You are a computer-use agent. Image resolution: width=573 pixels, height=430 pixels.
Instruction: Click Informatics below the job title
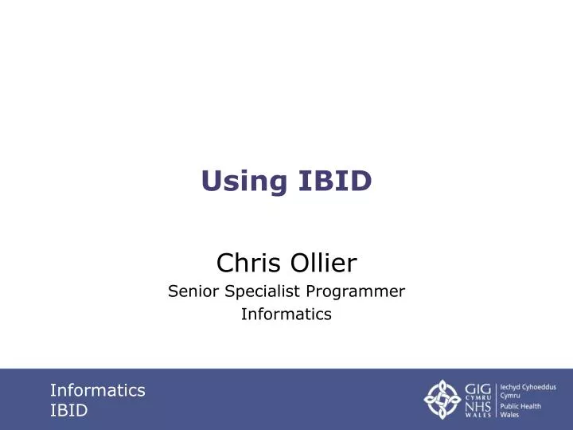click(x=286, y=315)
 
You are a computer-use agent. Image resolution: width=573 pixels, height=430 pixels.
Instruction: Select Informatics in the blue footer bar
click(x=97, y=390)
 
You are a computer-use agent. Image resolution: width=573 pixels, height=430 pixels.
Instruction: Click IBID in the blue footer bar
click(x=68, y=411)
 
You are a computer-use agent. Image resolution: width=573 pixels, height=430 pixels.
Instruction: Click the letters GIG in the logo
click(x=479, y=389)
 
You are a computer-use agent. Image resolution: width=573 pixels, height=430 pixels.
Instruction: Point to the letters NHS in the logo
click(x=479, y=406)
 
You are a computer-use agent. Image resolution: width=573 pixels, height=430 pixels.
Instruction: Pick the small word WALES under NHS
click(x=479, y=416)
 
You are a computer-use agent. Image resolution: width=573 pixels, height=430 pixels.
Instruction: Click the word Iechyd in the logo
click(x=510, y=386)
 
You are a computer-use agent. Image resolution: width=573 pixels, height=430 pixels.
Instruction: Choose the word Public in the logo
click(x=510, y=406)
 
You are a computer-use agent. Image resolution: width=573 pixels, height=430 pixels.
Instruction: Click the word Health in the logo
click(x=532, y=406)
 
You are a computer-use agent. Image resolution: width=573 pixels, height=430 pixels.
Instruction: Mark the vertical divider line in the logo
click(x=497, y=400)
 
